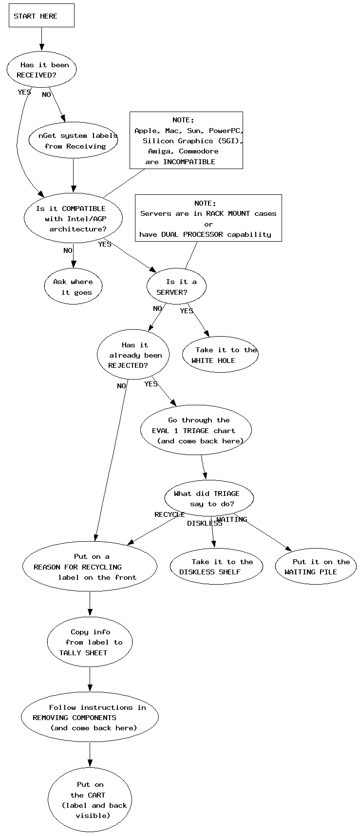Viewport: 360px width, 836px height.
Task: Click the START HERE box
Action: point(41,16)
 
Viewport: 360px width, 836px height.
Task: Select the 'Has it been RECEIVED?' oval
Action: point(41,70)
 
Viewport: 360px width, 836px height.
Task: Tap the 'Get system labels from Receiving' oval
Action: point(74,141)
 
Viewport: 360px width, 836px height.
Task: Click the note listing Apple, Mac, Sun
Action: point(186,140)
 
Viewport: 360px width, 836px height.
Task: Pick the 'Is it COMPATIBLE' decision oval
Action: point(73,219)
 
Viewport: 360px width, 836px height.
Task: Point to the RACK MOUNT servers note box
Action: point(208,218)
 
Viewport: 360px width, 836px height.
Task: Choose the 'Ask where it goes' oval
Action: point(73,287)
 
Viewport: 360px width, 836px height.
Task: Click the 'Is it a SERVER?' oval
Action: point(176,287)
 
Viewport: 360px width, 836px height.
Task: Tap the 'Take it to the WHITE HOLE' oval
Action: point(220,355)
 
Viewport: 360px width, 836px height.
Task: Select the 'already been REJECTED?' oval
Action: point(133,355)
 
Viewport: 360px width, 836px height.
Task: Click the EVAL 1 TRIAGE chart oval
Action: point(196,430)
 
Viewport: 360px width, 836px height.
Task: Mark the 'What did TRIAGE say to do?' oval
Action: point(209,498)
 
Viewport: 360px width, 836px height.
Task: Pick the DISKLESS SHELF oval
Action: point(216,567)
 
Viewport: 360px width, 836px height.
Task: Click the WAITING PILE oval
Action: point(316,567)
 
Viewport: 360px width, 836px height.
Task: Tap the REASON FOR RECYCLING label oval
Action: point(90,567)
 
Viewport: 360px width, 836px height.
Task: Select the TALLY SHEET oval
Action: point(90,642)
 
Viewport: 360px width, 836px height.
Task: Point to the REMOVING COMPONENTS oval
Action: point(90,717)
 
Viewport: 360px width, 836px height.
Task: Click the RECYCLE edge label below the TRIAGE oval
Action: point(170,514)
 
